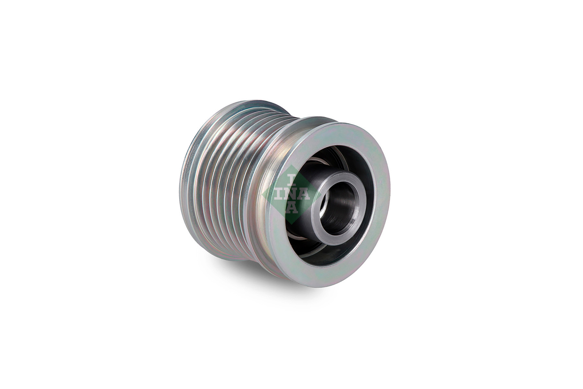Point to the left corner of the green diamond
pos(262,194)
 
